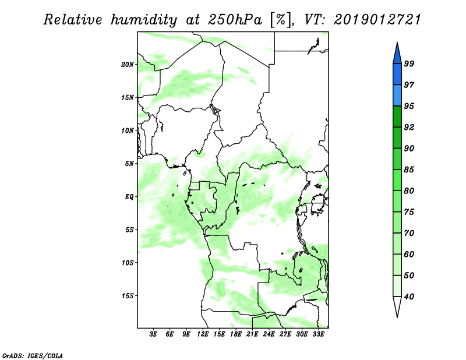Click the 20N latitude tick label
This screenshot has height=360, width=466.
(x=128, y=65)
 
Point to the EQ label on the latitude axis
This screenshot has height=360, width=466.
(x=129, y=197)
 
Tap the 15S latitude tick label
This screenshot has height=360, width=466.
(x=128, y=296)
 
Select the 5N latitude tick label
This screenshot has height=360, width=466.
(x=129, y=164)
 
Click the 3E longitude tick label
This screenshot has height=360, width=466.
(x=153, y=334)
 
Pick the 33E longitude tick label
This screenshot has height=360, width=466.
(x=318, y=334)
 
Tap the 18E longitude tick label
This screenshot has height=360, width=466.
(x=236, y=334)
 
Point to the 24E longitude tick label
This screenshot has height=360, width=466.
(x=269, y=334)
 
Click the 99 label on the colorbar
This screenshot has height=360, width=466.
(x=409, y=63)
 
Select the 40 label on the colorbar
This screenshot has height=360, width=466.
(x=409, y=297)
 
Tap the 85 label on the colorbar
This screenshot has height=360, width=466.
(x=409, y=170)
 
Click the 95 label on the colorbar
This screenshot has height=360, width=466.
(x=409, y=106)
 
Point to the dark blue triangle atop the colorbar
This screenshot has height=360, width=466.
(x=397, y=55)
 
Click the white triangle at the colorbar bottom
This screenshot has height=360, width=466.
(x=397, y=305)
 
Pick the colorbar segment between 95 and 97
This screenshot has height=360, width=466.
(x=397, y=96)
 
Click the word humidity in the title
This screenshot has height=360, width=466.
(x=143, y=20)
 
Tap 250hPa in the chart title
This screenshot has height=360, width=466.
(x=235, y=20)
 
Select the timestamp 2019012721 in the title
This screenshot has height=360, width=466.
(x=377, y=20)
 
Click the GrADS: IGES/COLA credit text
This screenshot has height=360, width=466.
(x=33, y=355)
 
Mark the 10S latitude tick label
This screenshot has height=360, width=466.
(x=128, y=263)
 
